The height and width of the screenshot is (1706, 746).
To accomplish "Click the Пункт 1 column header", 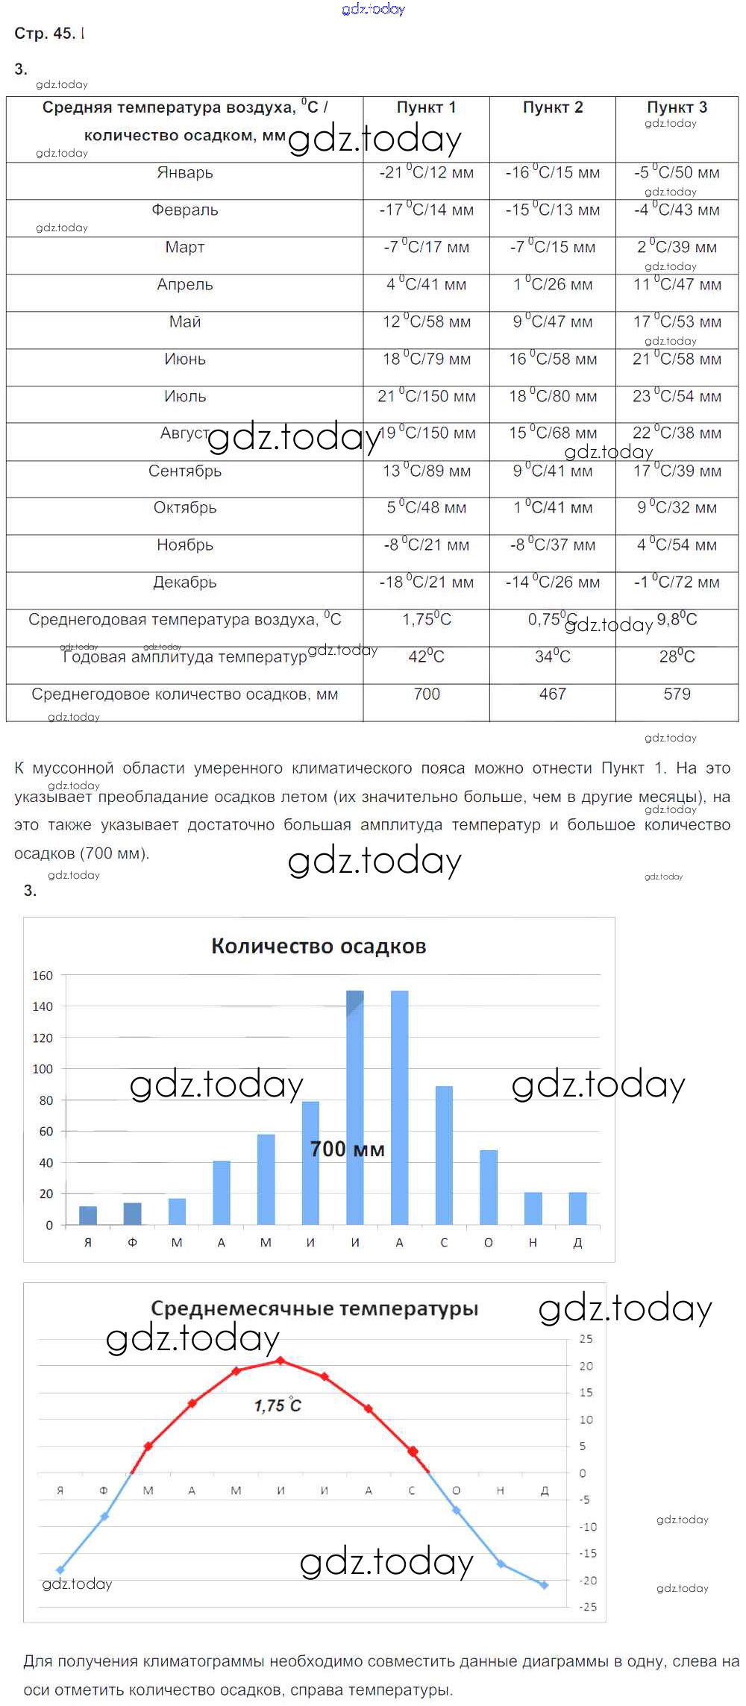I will pyautogui.click(x=426, y=107).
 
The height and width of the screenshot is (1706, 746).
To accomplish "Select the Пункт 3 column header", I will pyautogui.click(x=677, y=107).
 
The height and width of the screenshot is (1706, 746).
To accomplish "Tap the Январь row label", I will pyautogui.click(x=184, y=173).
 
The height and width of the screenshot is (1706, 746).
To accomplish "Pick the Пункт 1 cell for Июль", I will pyautogui.click(x=426, y=397).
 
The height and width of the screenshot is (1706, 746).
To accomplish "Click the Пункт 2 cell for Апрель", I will pyautogui.click(x=552, y=285).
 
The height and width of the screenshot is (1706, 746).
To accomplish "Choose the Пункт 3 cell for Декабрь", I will pyautogui.click(x=677, y=583).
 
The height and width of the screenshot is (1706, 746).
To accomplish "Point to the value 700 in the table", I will pyautogui.click(x=426, y=694).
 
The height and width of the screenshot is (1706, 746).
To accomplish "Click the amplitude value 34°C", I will pyautogui.click(x=552, y=657).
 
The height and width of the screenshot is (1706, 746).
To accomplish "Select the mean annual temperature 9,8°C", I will pyautogui.click(x=677, y=620).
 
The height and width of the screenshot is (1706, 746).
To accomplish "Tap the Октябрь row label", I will pyautogui.click(x=184, y=508).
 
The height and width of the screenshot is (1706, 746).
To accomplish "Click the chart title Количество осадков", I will pyautogui.click(x=319, y=947).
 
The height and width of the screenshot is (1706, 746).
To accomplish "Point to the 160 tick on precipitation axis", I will pyautogui.click(x=43, y=976).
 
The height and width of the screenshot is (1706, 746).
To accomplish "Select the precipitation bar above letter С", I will pyautogui.click(x=444, y=1155).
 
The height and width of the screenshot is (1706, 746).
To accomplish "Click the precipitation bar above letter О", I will pyautogui.click(x=489, y=1188).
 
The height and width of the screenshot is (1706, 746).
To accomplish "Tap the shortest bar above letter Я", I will pyautogui.click(x=88, y=1216).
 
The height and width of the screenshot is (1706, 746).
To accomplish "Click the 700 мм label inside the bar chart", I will pyautogui.click(x=348, y=1150).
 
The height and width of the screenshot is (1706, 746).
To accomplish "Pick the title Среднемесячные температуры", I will pyautogui.click(x=314, y=1308).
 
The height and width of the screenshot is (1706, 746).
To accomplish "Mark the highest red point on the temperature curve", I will pyautogui.click(x=280, y=1361).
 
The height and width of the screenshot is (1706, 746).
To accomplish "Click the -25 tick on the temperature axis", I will pyautogui.click(x=589, y=1607).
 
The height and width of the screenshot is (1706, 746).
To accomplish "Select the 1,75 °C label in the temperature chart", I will pyautogui.click(x=278, y=1406).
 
